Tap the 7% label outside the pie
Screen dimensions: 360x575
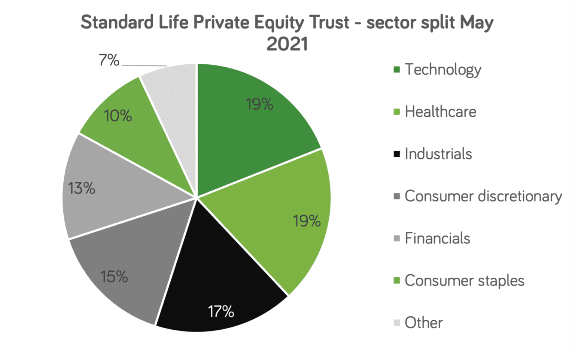[109, 60]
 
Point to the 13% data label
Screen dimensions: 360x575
[82, 188]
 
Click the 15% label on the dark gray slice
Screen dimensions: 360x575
[114, 277]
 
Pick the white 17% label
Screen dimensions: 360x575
[221, 311]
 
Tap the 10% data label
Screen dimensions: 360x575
[118, 116]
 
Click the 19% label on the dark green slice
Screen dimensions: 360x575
[259, 104]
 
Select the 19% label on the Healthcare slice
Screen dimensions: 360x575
[307, 221]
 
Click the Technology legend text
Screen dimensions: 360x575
[443, 70]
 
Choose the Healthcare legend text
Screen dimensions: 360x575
[440, 112]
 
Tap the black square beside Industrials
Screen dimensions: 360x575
[397, 154]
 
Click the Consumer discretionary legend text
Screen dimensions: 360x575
[483, 196]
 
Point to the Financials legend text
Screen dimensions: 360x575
[437, 239]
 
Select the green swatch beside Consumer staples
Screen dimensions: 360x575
[397, 281]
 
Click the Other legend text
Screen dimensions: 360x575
[423, 323]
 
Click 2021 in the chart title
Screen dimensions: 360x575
[287, 44]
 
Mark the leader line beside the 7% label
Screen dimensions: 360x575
[144, 65]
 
